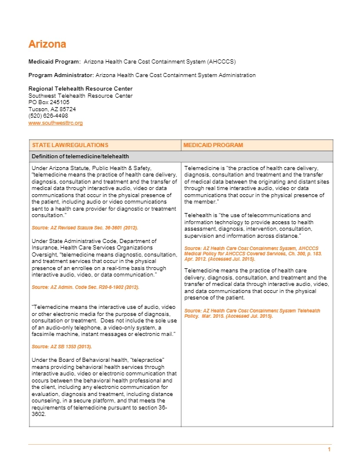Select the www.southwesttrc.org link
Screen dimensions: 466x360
[x=55, y=123]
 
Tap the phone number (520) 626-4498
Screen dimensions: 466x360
[x=48, y=116]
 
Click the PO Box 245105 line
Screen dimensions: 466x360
[x=49, y=102]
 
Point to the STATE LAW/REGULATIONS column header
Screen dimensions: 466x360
[x=70, y=145]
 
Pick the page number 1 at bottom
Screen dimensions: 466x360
[x=329, y=450]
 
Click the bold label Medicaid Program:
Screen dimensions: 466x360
[x=55, y=61]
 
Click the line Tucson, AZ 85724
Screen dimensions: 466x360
[x=52, y=109]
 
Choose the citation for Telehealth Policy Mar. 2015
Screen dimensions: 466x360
[x=252, y=313]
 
